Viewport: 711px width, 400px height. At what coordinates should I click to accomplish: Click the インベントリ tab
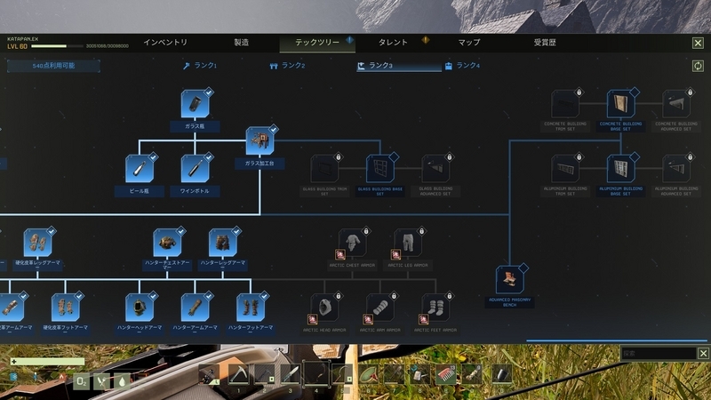(165, 43)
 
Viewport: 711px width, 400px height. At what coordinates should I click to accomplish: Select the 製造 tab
(241, 43)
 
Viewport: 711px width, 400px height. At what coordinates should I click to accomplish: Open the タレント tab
(393, 43)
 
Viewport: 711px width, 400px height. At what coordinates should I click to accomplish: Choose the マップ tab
(469, 43)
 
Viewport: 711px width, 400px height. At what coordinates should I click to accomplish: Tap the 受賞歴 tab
(545, 43)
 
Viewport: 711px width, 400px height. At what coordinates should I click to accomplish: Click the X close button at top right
(698, 43)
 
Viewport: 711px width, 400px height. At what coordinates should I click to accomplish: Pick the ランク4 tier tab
(462, 66)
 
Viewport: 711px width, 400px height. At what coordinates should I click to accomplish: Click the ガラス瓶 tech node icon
(195, 103)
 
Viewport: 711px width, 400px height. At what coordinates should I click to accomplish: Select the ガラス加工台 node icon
(260, 140)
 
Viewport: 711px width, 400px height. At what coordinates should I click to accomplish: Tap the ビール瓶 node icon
(140, 168)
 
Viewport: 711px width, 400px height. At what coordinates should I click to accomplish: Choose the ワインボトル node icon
(195, 168)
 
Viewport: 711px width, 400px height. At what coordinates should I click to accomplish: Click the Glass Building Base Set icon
(380, 169)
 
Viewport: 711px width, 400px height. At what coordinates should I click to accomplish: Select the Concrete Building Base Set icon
(621, 103)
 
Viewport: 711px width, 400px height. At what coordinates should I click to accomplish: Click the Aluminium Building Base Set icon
(621, 169)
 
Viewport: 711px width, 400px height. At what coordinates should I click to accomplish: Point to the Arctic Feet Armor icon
(435, 308)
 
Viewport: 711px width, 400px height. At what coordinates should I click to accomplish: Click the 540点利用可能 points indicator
(53, 66)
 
